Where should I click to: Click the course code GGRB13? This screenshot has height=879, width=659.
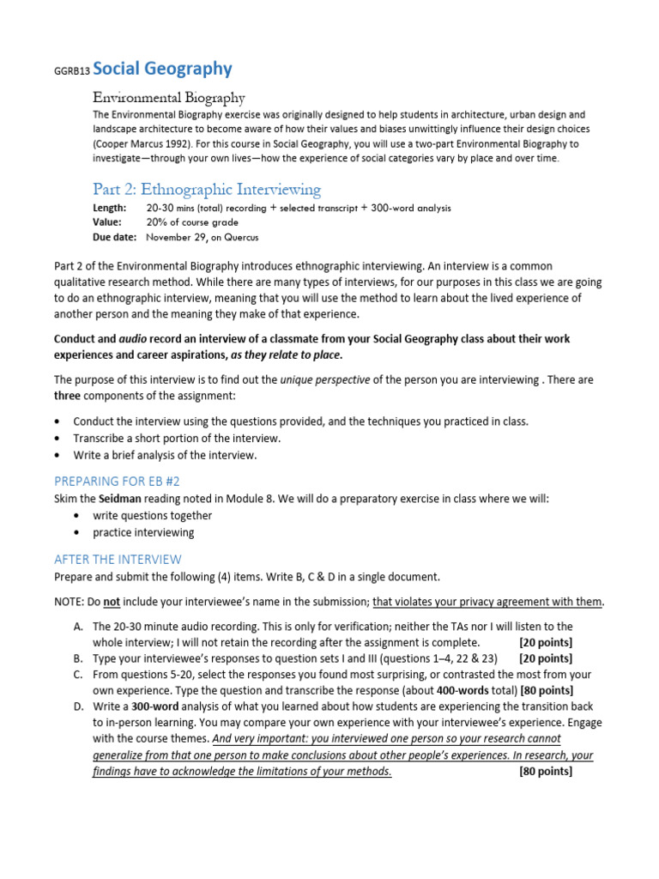tap(71, 72)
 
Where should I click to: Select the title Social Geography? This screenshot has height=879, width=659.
tap(162, 69)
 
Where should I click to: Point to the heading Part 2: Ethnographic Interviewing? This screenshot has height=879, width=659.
tap(206, 189)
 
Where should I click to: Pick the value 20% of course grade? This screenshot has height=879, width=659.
tap(197, 222)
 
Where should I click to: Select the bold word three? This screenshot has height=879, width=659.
tap(68, 395)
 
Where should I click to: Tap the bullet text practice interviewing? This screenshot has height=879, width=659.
tap(143, 532)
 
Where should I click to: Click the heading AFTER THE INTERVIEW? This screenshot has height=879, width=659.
tap(118, 559)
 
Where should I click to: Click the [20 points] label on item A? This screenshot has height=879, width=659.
tap(546, 642)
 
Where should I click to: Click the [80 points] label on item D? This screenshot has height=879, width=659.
tap(546, 771)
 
